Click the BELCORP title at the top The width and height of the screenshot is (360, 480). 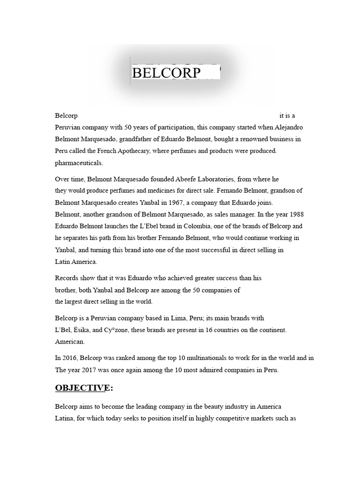pyautogui.click(x=166, y=73)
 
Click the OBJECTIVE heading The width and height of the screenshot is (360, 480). pyautogui.click(x=82, y=388)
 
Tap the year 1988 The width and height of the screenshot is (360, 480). pyautogui.click(x=294, y=214)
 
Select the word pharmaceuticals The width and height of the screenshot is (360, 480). pyautogui.click(x=79, y=163)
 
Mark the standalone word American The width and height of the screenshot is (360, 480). pyautogui.click(x=70, y=342)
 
